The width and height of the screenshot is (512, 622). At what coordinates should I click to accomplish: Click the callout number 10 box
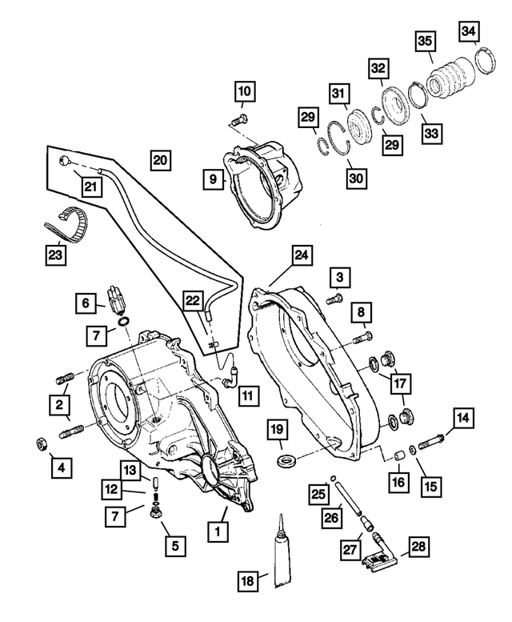point(244,92)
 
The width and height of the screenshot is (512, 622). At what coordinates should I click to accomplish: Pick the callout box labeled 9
point(213,180)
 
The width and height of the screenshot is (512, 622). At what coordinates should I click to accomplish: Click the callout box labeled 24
point(301,256)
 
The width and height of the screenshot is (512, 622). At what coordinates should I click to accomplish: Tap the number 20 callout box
point(159,160)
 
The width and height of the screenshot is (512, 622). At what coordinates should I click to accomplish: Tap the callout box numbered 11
point(249,395)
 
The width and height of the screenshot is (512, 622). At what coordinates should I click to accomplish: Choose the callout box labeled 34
point(468,32)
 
